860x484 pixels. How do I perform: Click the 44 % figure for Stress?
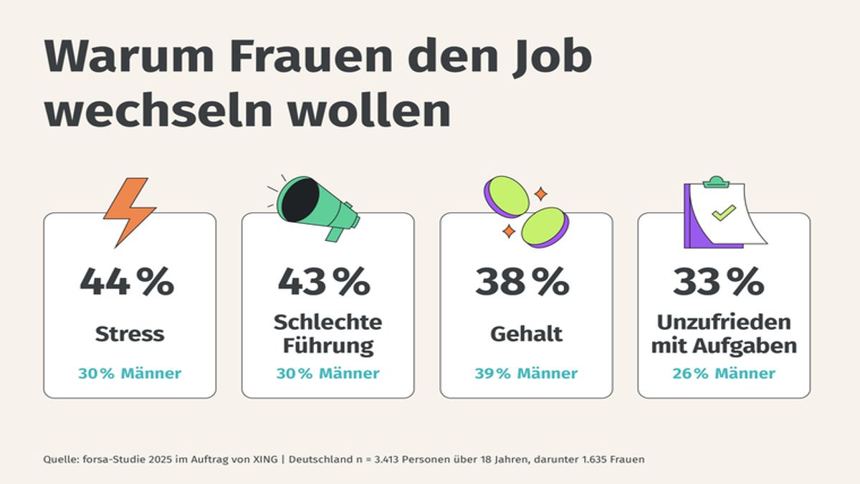(127, 281)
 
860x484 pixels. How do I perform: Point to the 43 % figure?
(324, 281)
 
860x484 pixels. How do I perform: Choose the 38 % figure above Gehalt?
(522, 281)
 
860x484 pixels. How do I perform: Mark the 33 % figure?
(719, 281)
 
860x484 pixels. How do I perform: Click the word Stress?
(130, 333)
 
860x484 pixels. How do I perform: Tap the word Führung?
(328, 346)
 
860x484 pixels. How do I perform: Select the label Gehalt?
(526, 333)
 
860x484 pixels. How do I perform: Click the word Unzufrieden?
(724, 322)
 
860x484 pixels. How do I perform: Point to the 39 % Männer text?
(526, 374)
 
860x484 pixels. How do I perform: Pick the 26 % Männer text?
(724, 374)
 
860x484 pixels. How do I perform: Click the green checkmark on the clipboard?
(723, 212)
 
